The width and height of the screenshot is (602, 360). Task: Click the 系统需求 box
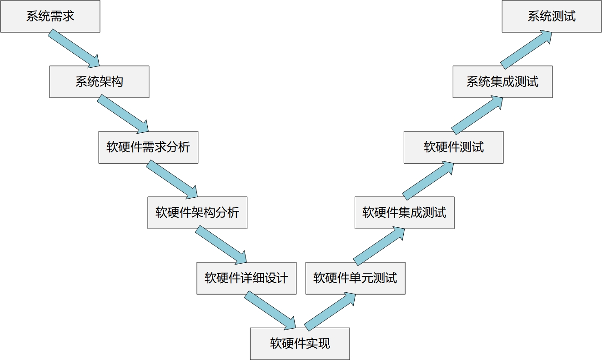click(50, 16)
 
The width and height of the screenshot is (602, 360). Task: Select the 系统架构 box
click(99, 82)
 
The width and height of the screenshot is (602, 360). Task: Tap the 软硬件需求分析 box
click(148, 147)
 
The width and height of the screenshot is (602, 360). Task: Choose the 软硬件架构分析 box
click(197, 213)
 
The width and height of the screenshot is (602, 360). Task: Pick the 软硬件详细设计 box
click(246, 278)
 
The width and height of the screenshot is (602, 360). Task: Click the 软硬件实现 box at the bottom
click(300, 344)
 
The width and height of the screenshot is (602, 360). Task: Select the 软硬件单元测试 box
click(355, 278)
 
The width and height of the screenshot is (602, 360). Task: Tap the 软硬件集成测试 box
click(404, 213)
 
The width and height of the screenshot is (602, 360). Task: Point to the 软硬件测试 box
click(453, 147)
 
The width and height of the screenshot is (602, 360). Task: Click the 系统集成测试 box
click(502, 82)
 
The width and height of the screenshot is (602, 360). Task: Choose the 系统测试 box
click(552, 16)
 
